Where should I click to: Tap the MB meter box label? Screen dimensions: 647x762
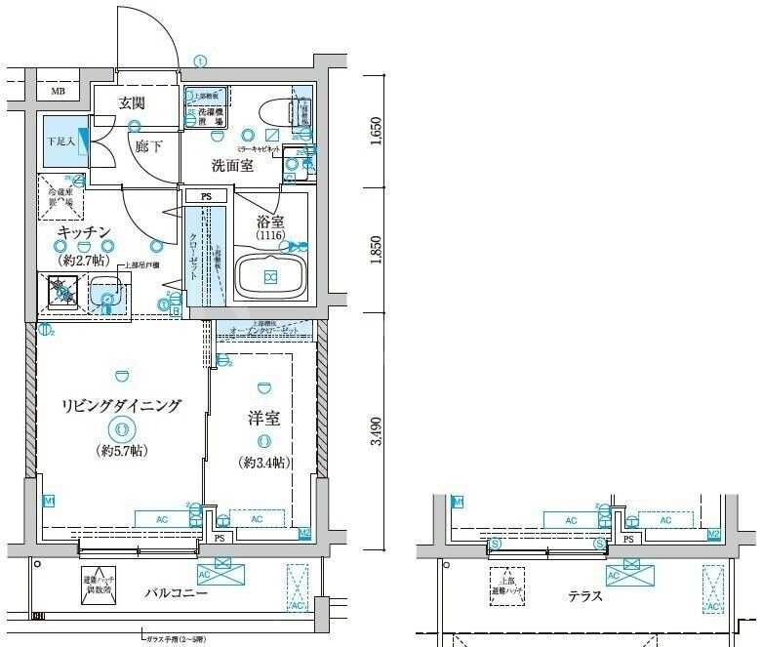click(x=59, y=94)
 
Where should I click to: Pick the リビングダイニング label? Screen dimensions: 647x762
click(x=121, y=406)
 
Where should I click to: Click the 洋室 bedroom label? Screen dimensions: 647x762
click(x=263, y=419)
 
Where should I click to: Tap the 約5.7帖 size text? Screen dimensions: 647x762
click(x=122, y=451)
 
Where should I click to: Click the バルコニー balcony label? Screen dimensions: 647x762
click(x=177, y=592)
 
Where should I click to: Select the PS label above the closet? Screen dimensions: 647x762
click(x=206, y=196)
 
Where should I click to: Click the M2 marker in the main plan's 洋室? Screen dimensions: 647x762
click(x=304, y=533)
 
